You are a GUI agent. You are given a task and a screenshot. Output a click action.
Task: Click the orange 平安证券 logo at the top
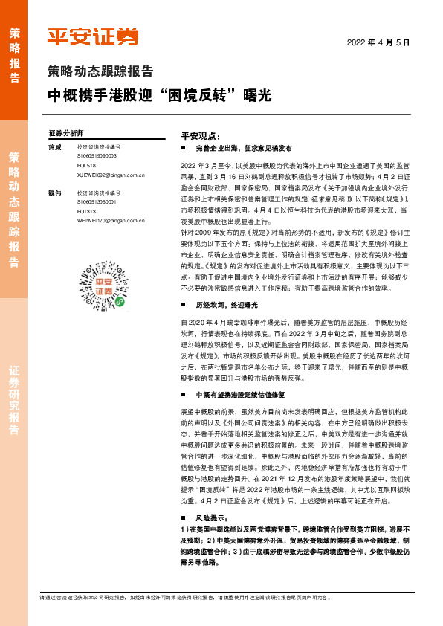[x=93, y=37]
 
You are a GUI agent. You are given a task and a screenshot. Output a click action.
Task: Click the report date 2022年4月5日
[x=379, y=42]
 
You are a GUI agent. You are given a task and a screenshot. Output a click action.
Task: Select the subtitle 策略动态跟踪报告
[x=100, y=72]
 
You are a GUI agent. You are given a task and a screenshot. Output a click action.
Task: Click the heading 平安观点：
[x=201, y=136]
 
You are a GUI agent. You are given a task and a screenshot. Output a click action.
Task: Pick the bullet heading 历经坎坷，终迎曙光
[x=227, y=306]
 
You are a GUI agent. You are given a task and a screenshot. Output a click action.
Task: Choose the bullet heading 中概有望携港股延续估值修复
[x=242, y=395]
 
